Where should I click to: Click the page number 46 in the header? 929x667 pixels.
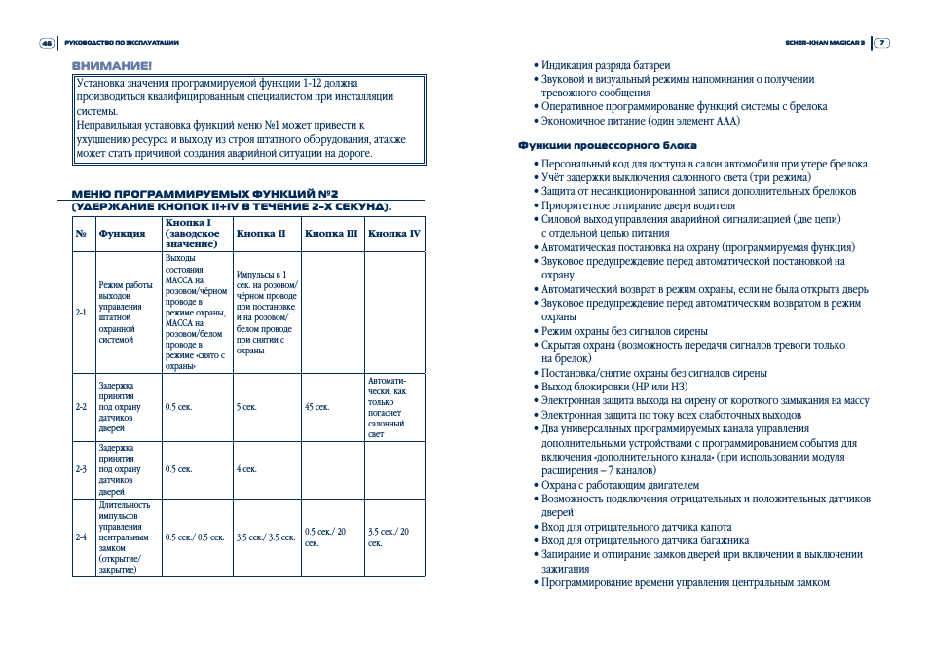(46, 43)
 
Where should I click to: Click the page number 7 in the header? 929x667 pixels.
(881, 43)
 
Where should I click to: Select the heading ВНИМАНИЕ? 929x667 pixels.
(112, 65)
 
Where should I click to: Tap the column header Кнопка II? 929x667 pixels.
(261, 234)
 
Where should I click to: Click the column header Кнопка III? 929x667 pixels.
(331, 234)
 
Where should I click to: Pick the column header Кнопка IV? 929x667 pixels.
(394, 234)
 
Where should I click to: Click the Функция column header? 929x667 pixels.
(122, 234)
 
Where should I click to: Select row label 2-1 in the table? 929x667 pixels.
(81, 313)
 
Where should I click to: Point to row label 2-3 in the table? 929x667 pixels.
(81, 469)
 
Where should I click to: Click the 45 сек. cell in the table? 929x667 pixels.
(316, 407)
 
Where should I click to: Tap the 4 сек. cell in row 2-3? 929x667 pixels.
(246, 469)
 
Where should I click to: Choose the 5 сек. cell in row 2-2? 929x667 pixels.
(246, 407)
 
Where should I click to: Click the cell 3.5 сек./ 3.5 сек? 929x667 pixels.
(265, 537)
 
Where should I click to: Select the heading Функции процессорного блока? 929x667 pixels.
(607, 146)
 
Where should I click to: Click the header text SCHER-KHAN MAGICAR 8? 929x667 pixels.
(825, 43)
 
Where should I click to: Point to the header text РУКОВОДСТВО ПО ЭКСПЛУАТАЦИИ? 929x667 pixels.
(121, 43)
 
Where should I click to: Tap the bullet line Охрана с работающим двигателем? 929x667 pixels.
(620, 485)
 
